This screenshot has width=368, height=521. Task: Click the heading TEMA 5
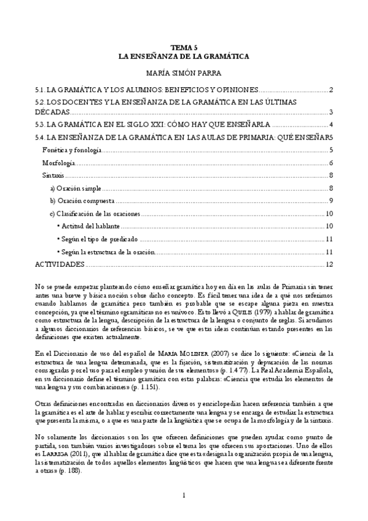click(184, 47)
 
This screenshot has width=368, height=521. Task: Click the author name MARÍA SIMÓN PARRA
click(184, 73)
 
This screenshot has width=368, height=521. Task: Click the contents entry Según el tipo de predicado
click(96, 239)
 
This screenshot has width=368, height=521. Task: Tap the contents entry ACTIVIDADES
click(60, 264)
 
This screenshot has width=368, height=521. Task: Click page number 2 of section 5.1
click(331, 91)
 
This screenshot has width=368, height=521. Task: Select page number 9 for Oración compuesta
click(331, 201)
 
